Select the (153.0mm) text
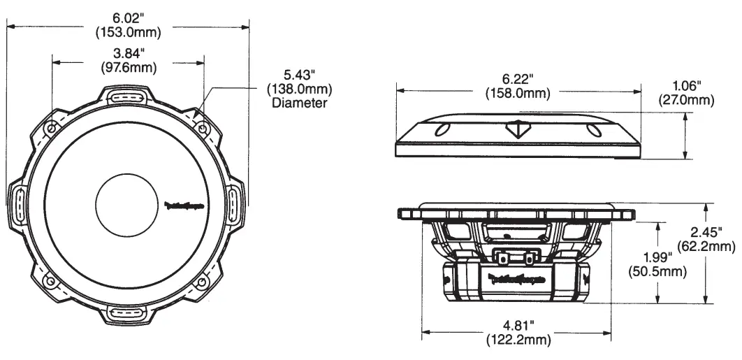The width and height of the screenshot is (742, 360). pos(129,32)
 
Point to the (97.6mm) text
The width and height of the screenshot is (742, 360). pos(129,68)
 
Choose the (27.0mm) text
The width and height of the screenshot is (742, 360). pos(686,99)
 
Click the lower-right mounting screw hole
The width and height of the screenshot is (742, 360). pos(203,281)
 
